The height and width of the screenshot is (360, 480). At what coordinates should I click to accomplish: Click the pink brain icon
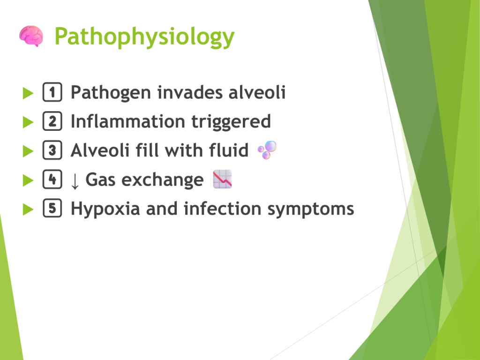31,36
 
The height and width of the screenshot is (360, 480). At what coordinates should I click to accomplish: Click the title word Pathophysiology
144,37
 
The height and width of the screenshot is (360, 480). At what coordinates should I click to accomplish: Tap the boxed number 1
52,92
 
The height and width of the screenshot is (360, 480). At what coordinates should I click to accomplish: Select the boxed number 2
52,121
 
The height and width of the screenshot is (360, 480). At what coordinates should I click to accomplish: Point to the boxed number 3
52,150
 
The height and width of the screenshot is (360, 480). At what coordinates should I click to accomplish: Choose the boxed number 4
52,179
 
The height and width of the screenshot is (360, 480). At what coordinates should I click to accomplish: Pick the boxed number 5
52,208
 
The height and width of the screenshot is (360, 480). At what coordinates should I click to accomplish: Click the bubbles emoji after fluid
267,150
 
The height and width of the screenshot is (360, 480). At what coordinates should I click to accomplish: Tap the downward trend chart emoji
223,179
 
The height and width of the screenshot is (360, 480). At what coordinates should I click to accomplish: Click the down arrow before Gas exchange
75,181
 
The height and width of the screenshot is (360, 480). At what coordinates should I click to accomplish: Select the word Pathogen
111,93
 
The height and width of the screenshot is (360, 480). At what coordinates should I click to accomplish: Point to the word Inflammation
128,121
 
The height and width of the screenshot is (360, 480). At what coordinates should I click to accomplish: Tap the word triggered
231,122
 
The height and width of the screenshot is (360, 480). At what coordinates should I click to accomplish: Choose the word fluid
229,150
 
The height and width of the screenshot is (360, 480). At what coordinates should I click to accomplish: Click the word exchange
163,180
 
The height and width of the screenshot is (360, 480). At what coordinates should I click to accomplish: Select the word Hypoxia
105,210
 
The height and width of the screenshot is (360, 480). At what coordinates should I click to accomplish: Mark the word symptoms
311,210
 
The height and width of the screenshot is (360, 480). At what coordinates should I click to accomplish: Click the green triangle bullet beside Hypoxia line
28,210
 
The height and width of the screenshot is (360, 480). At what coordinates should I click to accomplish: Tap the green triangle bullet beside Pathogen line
28,93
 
